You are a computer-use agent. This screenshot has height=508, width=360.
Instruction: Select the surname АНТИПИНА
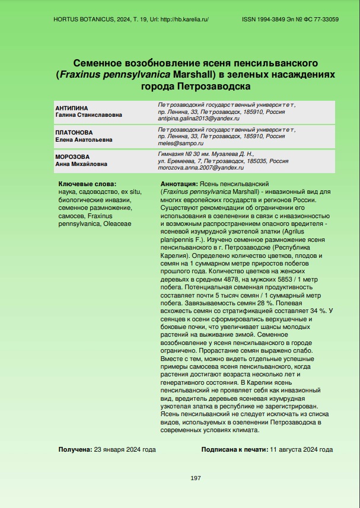[x=71, y=108]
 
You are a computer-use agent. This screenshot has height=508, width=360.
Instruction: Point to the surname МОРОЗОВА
[x=72, y=156]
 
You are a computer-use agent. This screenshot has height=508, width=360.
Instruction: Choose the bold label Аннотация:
[x=180, y=184]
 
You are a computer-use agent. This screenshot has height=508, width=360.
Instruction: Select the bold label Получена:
[x=75, y=449]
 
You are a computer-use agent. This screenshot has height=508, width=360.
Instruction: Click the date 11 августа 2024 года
[x=301, y=449]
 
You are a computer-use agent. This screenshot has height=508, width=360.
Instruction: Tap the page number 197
[x=196, y=478]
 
